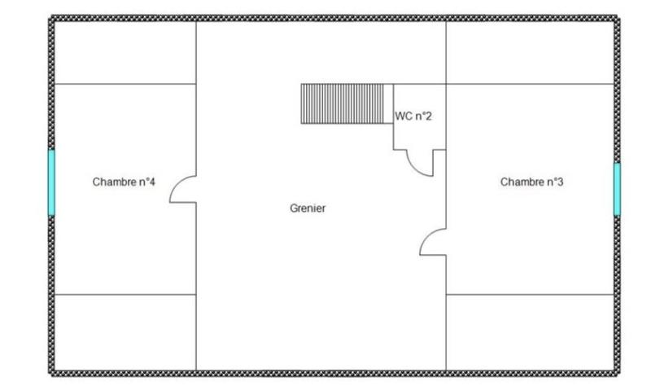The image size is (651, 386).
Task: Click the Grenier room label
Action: [308, 208]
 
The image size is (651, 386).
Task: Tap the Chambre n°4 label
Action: [124, 182]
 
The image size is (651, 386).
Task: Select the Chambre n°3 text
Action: [531, 182]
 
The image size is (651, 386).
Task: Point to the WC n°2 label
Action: [413, 116]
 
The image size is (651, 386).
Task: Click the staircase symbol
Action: [343, 103]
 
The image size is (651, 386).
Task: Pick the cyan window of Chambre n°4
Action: [51, 182]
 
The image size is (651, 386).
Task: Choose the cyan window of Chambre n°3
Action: [617, 189]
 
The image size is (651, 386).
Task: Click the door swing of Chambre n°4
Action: [182, 191]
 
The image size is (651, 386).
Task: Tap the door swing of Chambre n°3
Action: [433, 242]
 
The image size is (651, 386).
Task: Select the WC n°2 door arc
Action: [422, 163]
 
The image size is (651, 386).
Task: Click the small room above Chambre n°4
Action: [125, 53]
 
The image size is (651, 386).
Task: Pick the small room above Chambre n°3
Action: [529, 53]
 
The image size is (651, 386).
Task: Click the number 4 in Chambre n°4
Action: [152, 182]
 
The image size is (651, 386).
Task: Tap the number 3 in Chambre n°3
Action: [560, 182]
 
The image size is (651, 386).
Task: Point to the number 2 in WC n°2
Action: [429, 116]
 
